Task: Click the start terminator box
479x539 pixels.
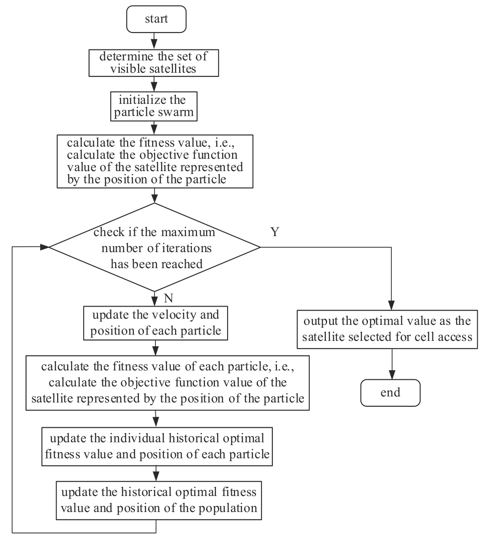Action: pyautogui.click(x=156, y=19)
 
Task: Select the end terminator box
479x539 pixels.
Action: pyautogui.click(x=390, y=393)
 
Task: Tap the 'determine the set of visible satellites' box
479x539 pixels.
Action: pyautogui.click(x=154, y=63)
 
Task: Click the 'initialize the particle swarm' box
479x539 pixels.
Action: pyautogui.click(x=154, y=106)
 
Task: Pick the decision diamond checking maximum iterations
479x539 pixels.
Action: pyautogui.click(x=155, y=247)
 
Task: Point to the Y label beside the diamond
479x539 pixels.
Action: pyautogui.click(x=275, y=232)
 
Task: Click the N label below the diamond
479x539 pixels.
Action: pyautogui.click(x=168, y=298)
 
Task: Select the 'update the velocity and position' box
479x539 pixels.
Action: pyautogui.click(x=155, y=323)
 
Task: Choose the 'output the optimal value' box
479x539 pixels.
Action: pyautogui.click(x=387, y=329)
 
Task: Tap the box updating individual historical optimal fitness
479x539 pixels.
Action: pyautogui.click(x=157, y=447)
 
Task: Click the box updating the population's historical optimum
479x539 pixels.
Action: pyautogui.click(x=159, y=501)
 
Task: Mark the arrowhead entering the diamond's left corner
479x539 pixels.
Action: pyautogui.click(x=45, y=247)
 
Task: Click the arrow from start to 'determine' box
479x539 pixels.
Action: pyautogui.click(x=154, y=41)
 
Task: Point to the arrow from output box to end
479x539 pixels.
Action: pyautogui.click(x=392, y=364)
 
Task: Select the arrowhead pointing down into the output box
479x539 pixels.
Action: pyautogui.click(x=391, y=305)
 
